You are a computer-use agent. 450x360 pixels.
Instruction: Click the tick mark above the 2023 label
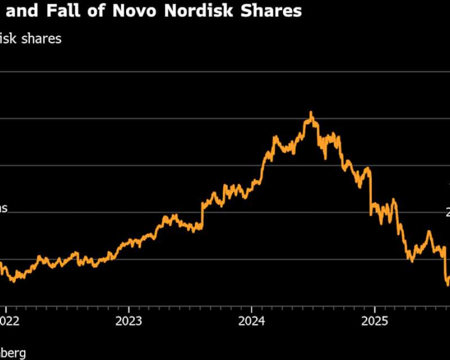pos(128,309)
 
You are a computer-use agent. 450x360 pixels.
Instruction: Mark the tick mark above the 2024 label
pos(251,309)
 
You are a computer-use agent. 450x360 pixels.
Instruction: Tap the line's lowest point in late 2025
pos(448,285)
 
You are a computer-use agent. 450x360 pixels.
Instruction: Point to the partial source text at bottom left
pos(12,353)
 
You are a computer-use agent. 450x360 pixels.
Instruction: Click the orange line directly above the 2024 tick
pos(251,185)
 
